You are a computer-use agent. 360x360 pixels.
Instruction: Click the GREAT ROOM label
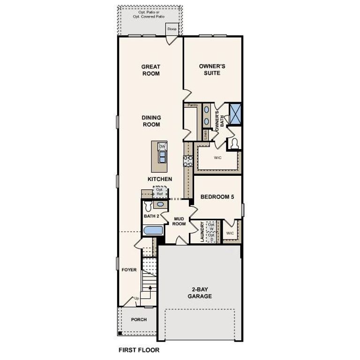(x=150, y=70)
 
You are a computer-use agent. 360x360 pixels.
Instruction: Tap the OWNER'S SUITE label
(x=209, y=70)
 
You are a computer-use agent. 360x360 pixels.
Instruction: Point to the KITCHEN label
(x=160, y=179)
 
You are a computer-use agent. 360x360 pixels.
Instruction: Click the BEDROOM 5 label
(x=217, y=197)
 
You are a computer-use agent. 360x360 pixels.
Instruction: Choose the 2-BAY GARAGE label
(x=200, y=292)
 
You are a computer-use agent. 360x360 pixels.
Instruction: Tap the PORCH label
(x=139, y=320)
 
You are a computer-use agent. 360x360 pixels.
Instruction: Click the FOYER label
(x=129, y=270)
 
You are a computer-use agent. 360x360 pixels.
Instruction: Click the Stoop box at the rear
(x=172, y=29)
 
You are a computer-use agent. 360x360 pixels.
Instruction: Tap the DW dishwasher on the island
(x=162, y=147)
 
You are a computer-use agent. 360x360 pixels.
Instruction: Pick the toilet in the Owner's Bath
(x=234, y=143)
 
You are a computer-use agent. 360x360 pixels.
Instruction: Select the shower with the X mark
(x=235, y=113)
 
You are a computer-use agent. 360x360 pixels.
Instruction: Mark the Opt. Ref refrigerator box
(x=160, y=192)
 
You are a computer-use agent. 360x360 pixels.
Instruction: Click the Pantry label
(x=192, y=105)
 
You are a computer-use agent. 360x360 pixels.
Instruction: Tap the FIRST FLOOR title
(x=139, y=350)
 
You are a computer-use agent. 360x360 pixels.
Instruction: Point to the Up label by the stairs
(x=136, y=298)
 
